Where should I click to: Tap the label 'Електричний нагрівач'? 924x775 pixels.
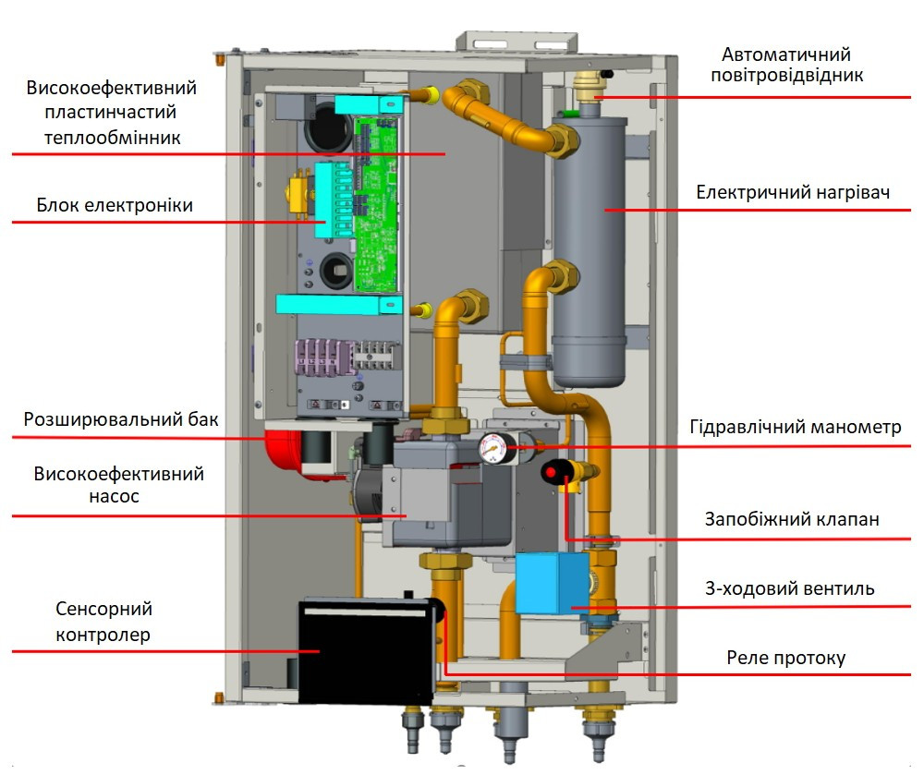click(x=792, y=193)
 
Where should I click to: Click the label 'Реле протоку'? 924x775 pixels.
click(x=785, y=659)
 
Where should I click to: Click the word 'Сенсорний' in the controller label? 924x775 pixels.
click(x=103, y=610)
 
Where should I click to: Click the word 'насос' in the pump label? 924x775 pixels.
click(x=117, y=496)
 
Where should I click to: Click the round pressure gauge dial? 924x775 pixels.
click(x=492, y=450)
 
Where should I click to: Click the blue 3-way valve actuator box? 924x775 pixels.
click(x=553, y=583)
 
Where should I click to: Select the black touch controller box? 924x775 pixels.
click(x=366, y=647)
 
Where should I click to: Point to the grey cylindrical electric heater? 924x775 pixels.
click(x=590, y=249)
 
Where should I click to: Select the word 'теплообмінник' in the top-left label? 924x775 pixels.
click(x=116, y=137)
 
